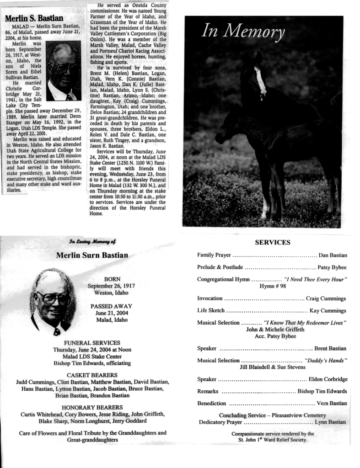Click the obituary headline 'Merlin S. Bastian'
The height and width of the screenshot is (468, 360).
(x=34, y=18)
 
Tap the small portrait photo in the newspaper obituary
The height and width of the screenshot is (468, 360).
(x=64, y=71)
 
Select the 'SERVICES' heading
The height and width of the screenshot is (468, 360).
(x=272, y=242)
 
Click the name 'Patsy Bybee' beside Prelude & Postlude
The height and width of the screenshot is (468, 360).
(x=332, y=267)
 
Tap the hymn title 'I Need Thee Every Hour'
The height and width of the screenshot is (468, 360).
(x=316, y=279)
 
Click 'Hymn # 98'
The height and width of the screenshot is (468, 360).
(x=273, y=286)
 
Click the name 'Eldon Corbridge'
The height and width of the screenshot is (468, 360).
(x=328, y=379)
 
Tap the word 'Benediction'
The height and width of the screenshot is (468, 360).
(x=211, y=404)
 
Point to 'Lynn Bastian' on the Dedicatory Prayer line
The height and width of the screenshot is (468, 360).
(x=330, y=422)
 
